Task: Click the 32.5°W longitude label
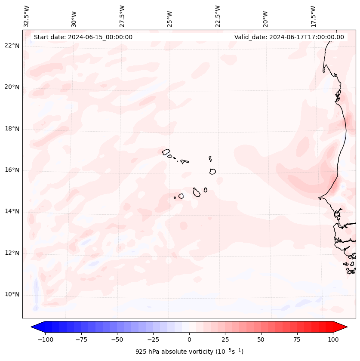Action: click(x=27, y=16)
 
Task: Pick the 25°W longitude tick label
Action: click(x=170, y=16)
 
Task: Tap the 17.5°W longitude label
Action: click(x=313, y=16)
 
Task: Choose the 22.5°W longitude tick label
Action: click(x=218, y=16)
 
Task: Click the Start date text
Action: click(x=83, y=37)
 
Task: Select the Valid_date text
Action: click(x=289, y=37)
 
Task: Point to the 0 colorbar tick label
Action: click(x=189, y=339)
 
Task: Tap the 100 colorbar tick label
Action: click(x=333, y=339)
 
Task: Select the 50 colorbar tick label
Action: click(x=261, y=339)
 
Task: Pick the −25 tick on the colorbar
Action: click(x=153, y=339)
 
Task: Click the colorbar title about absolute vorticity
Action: click(x=189, y=352)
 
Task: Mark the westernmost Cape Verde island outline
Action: click(x=166, y=151)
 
